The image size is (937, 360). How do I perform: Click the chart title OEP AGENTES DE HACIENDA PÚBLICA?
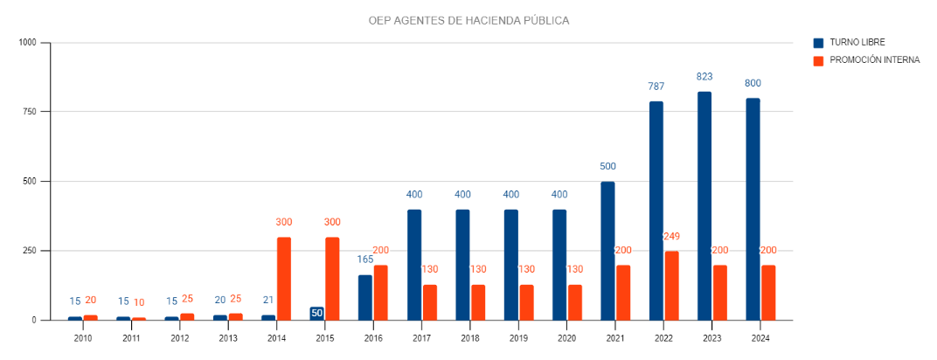(468, 20)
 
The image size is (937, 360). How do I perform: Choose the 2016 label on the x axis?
(373, 337)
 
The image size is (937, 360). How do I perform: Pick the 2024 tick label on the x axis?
(760, 337)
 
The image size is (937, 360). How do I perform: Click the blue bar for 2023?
(704, 205)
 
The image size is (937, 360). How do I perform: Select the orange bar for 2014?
(284, 278)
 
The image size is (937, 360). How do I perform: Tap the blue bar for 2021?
(607, 250)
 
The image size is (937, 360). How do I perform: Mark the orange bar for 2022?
(672, 285)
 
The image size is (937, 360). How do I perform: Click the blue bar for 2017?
(414, 264)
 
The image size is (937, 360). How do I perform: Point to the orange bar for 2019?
(526, 301)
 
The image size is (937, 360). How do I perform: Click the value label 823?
(704, 77)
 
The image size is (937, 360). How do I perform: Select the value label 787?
(656, 87)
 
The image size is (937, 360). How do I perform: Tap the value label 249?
(671, 237)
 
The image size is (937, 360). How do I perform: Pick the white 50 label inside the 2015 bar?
(316, 313)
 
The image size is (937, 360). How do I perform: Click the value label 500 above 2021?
(607, 166)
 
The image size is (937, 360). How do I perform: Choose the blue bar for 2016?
(365, 297)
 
